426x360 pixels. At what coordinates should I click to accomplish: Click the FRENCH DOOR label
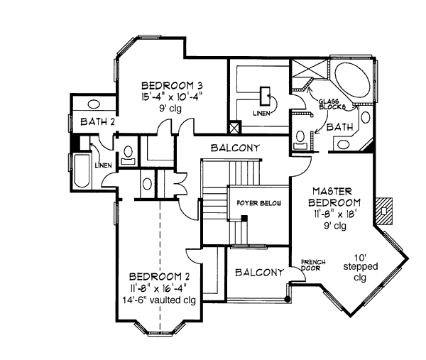click(313, 264)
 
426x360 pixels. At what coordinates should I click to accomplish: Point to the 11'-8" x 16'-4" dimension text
click(158, 288)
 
